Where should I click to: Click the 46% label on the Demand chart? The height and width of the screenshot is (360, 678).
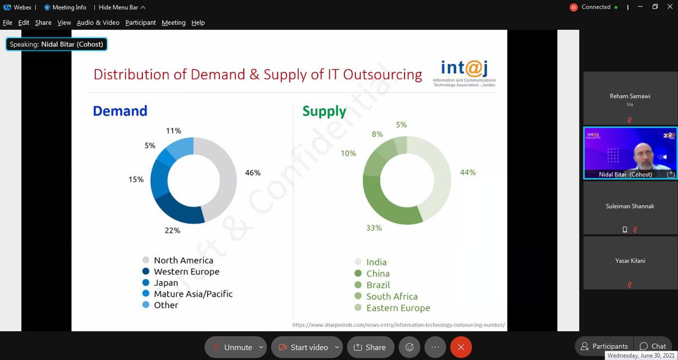[x=253, y=173]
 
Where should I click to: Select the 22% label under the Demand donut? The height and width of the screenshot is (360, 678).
[x=173, y=230]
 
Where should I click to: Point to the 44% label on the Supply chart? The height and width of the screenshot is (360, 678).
[x=468, y=172]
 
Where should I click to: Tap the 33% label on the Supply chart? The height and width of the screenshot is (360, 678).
[x=374, y=228]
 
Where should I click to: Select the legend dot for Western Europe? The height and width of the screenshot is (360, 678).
[x=146, y=272]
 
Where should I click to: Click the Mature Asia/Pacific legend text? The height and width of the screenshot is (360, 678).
[x=193, y=294]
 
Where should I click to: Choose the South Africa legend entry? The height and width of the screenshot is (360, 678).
[x=392, y=296]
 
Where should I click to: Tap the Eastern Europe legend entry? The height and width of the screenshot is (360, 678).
[x=398, y=308]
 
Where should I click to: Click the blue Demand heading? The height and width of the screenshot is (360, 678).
[x=120, y=111]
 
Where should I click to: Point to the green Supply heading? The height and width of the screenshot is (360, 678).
[x=324, y=111]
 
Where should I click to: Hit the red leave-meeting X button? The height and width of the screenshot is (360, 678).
[x=461, y=347]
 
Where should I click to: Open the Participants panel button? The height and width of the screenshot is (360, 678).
[x=604, y=346]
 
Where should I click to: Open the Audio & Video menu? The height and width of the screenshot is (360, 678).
[x=98, y=23]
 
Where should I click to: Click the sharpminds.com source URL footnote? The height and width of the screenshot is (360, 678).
[x=398, y=325]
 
